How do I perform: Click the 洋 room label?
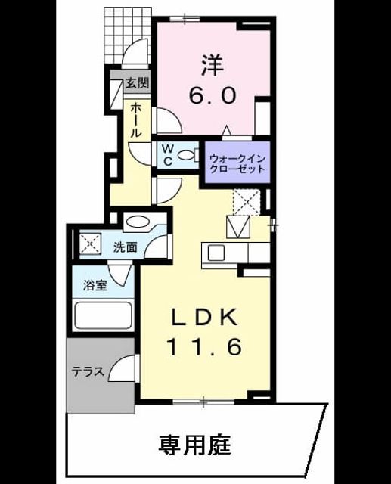point(213,66)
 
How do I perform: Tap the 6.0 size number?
point(213,96)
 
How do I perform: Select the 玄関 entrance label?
point(138,82)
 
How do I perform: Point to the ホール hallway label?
point(136,120)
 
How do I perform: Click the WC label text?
point(168,155)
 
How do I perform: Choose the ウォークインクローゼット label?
point(237,164)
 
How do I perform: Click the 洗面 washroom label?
point(125,247)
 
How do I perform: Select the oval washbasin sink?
point(137,222)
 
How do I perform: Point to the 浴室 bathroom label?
point(95,285)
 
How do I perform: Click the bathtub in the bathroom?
point(104,315)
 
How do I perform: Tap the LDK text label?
point(205,316)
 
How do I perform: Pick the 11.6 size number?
point(204,346)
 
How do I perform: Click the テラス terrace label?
point(88,371)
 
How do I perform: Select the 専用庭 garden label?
point(194,445)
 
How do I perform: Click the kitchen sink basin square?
point(217,253)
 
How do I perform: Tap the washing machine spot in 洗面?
point(91,244)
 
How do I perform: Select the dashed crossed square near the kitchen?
point(247,202)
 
